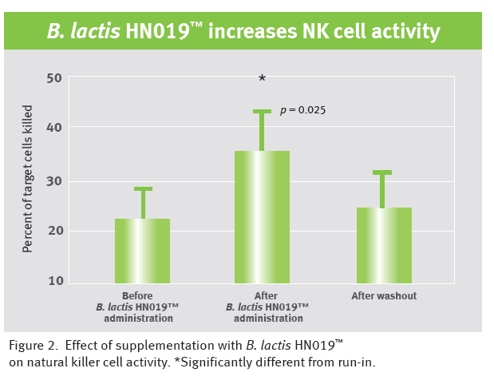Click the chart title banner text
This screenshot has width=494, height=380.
[243, 32]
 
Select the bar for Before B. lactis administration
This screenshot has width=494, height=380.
[142, 250]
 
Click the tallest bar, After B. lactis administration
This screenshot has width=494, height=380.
[262, 216]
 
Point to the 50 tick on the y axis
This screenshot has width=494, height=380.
[54, 78]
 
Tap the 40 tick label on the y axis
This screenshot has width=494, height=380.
[54, 128]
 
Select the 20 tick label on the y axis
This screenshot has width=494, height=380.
[54, 231]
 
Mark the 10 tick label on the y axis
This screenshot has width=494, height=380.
[54, 281]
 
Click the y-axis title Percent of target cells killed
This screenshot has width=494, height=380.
[27, 178]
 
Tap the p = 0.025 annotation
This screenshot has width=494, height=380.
[302, 111]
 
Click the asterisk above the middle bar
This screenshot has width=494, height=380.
[262, 79]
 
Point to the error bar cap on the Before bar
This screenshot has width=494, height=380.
[143, 189]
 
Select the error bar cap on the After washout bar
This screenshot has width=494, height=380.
[382, 172]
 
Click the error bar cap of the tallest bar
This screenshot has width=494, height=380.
[262, 112]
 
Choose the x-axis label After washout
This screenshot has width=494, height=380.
[384, 296]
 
